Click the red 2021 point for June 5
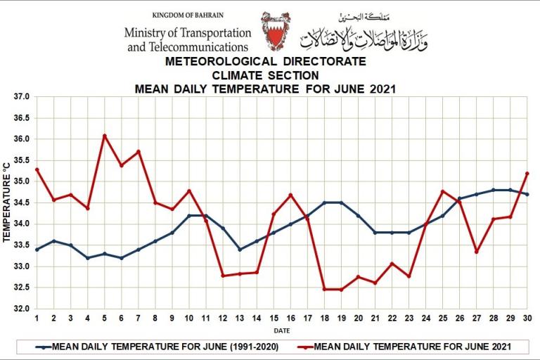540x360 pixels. click(105, 136)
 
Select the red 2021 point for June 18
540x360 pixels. click(324, 289)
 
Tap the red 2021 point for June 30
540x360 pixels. click(527, 173)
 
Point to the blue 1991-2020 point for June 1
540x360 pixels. click(37, 249)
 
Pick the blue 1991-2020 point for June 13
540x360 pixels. click(240, 249)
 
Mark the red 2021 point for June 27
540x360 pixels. click(477, 251)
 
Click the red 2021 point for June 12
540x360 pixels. click(223, 275)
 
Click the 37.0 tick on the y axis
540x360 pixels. click(21, 97)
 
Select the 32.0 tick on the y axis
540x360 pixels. click(21, 309)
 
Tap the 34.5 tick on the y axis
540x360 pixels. click(21, 203)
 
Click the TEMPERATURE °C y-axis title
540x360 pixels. click(7, 203)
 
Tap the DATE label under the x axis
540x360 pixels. click(282, 329)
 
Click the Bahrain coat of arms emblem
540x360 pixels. click(274, 31)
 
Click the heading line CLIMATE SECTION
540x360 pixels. click(265, 75)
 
